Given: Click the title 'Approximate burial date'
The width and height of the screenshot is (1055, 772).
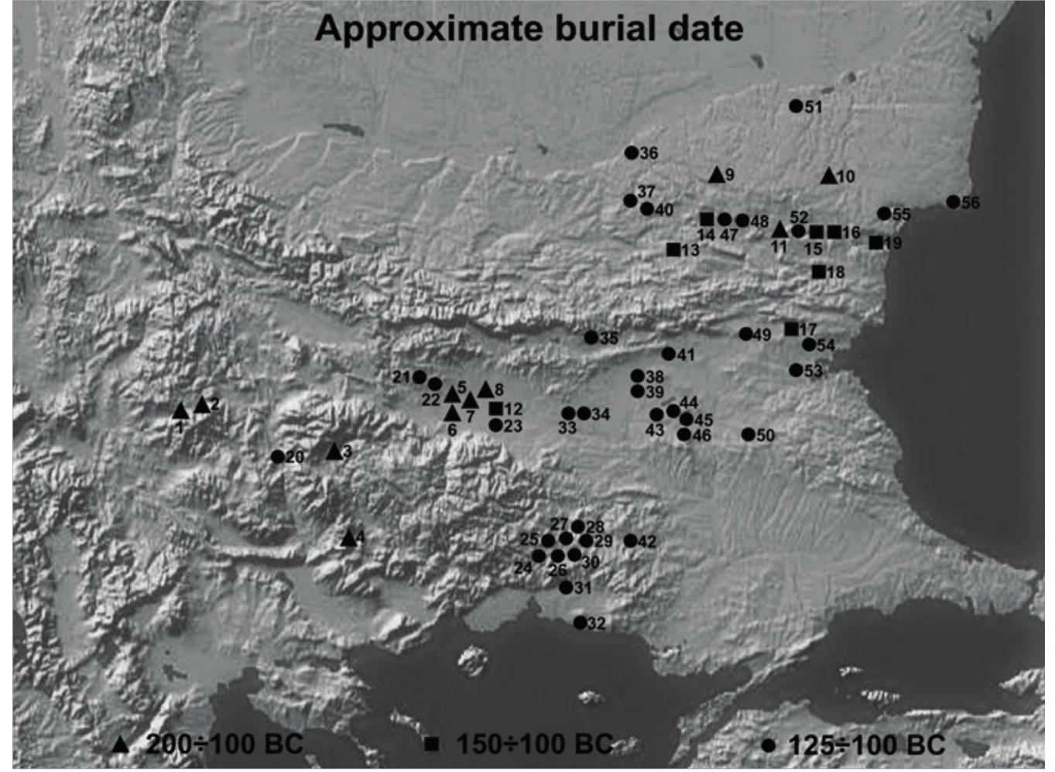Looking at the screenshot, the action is [x=529, y=29].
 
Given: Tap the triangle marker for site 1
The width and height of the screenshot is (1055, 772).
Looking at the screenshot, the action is [x=180, y=410].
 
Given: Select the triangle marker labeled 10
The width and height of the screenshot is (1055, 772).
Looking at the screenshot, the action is [x=829, y=177].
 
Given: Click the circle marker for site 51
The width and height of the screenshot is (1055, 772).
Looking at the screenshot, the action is [x=796, y=106].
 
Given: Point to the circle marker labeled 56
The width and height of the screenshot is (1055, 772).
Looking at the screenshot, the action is [x=953, y=201].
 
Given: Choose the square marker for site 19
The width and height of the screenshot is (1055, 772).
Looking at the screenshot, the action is [x=875, y=242].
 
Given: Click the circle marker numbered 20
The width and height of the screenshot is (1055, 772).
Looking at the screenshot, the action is [x=277, y=456].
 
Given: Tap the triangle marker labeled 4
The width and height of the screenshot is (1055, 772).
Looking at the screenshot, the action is [x=349, y=538].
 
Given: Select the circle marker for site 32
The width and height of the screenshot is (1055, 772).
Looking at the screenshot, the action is [x=580, y=622].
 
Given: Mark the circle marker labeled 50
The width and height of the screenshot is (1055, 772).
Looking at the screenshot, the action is [x=748, y=434].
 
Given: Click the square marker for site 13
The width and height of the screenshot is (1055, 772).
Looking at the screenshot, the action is [x=673, y=249].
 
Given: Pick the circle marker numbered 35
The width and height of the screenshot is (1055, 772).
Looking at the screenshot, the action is [x=591, y=338].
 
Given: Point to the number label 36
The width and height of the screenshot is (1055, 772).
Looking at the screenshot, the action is [x=649, y=153].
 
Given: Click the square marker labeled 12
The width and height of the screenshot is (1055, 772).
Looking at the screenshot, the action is [x=495, y=408].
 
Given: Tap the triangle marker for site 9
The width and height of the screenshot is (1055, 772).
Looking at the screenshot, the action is [x=717, y=175].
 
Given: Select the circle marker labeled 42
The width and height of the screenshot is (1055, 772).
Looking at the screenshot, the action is [x=630, y=540].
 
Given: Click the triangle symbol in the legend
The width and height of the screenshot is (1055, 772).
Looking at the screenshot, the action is [x=120, y=745].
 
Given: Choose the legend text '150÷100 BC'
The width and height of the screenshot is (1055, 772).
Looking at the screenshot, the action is [x=534, y=745].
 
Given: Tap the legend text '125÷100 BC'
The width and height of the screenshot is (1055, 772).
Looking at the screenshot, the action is [x=866, y=745].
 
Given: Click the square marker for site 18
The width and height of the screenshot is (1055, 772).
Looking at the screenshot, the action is [x=818, y=271].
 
